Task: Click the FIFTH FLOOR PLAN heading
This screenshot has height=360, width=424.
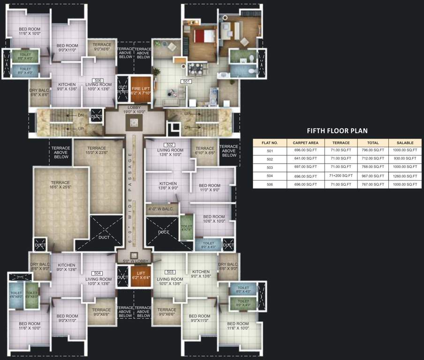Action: pyautogui.click(x=337, y=131)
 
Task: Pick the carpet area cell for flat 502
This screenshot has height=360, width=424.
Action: pyautogui.click(x=305, y=158)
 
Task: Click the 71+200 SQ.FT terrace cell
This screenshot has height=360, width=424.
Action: pyautogui.click(x=341, y=176)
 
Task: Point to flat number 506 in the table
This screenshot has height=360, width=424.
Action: pyautogui.click(x=269, y=184)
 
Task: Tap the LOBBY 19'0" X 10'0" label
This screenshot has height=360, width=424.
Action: pyautogui.click(x=134, y=110)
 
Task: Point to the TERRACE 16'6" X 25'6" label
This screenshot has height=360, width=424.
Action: pyautogui.click(x=60, y=186)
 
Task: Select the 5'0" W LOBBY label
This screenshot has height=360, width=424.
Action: pyautogui.click(x=135, y=261)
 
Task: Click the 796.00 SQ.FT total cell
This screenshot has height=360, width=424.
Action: pyautogui.click(x=372, y=150)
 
